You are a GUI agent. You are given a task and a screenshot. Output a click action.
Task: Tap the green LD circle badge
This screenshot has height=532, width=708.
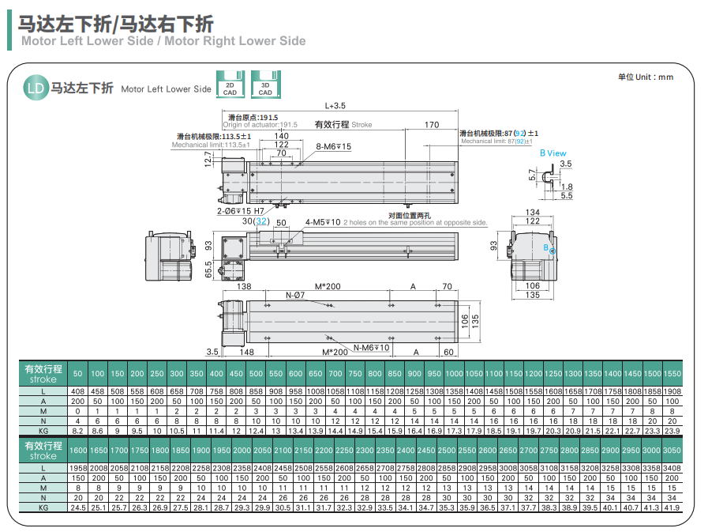click(x=35, y=87)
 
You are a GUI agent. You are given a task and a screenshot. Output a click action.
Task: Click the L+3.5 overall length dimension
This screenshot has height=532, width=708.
click(x=335, y=105)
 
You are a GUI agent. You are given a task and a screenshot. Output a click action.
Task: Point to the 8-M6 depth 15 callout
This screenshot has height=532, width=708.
click(x=333, y=146)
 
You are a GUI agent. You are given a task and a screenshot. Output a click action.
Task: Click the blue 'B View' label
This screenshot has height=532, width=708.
click(x=553, y=153)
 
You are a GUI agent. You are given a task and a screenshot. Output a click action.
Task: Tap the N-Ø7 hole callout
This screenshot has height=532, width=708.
click(x=294, y=295)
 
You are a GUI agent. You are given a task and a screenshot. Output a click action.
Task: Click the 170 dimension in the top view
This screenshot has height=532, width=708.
click(x=431, y=125)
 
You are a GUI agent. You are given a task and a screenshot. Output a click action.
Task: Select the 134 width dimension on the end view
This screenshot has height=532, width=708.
click(x=533, y=212)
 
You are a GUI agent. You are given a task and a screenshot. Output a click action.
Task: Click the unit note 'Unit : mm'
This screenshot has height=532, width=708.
click(x=646, y=77)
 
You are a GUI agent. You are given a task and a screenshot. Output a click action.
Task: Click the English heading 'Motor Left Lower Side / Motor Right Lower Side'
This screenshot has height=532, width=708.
click(x=163, y=40)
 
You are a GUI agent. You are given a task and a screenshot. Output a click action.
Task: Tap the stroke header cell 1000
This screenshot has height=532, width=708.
click(x=454, y=373)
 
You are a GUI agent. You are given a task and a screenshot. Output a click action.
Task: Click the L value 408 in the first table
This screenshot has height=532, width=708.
click(x=77, y=392)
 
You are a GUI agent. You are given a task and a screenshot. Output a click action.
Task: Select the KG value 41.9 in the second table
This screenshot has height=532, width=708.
click(x=672, y=507)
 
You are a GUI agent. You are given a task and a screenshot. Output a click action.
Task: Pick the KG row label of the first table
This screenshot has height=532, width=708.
click(x=43, y=431)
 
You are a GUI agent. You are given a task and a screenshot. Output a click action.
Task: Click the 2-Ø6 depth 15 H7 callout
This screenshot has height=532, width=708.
click(x=241, y=211)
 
